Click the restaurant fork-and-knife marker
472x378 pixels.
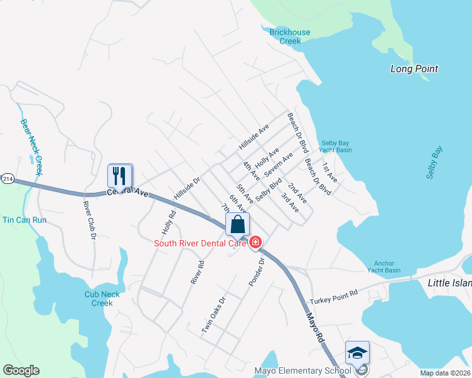pos(120,176)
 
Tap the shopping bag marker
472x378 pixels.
pos(237,225)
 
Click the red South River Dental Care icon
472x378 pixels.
pos(256,242)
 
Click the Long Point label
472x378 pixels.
pos(414,69)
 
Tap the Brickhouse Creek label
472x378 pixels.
pos(290,37)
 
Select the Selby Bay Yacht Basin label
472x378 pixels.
pos(336,146)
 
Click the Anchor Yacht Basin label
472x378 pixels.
pos(387,266)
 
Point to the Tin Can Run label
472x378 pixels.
pos(25,220)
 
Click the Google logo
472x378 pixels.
pos(21,370)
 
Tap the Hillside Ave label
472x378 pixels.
pos(254,137)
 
